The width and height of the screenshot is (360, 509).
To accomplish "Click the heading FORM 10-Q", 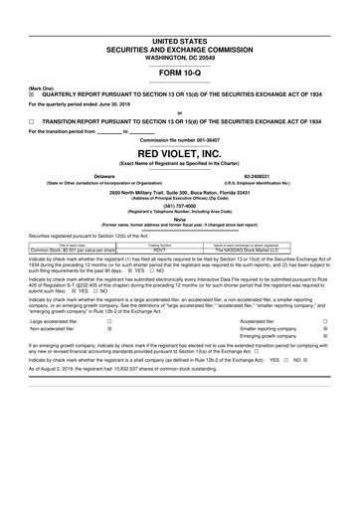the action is pyautogui.click(x=179, y=75).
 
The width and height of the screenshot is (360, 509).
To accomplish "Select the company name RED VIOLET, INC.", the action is pyautogui.click(x=179, y=154).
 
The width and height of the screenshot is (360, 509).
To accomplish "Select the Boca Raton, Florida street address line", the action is pyautogui.click(x=179, y=191).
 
